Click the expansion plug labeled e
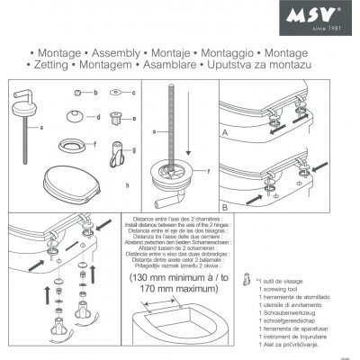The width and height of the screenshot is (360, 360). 114,117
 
